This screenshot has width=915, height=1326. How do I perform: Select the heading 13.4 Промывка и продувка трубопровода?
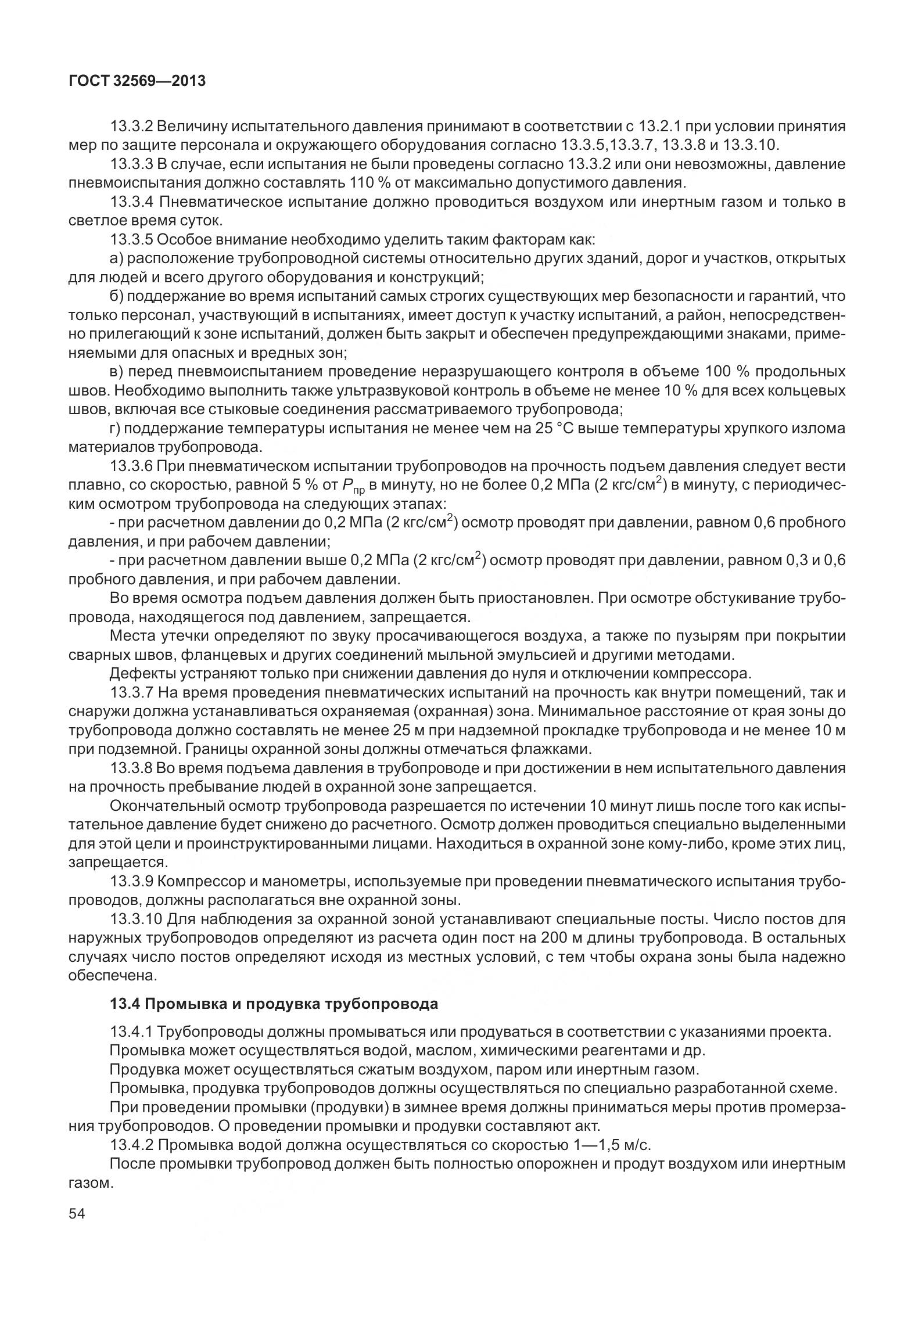tap(274, 1004)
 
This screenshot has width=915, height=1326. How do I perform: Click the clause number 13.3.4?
tap(131, 202)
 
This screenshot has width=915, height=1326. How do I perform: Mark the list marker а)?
tap(116, 258)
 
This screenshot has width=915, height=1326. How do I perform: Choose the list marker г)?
tap(115, 429)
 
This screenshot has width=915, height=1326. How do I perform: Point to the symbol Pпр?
tap(353, 486)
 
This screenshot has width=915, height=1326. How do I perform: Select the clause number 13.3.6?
tap(131, 466)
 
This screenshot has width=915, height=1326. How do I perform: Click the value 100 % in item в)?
tap(727, 372)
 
